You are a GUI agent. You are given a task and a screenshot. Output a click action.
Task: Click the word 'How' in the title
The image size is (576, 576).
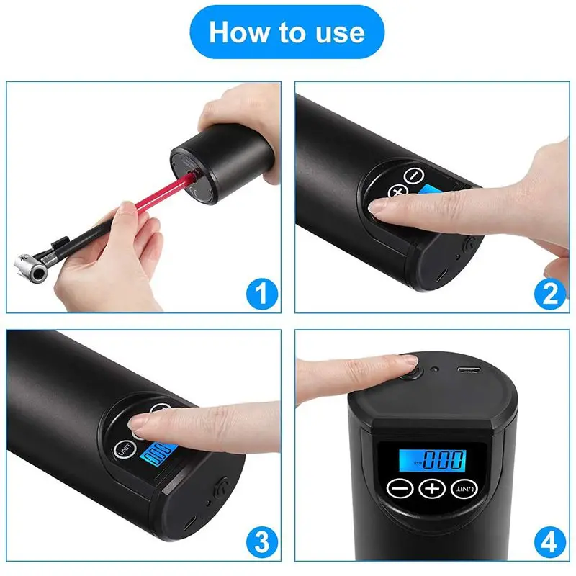[239, 32]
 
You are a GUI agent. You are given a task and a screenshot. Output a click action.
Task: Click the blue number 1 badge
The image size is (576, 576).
[262, 294]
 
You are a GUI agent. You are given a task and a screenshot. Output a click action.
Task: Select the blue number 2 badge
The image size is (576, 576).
[550, 294]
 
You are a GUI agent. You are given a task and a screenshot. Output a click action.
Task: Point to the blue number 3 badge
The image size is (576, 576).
[262, 541]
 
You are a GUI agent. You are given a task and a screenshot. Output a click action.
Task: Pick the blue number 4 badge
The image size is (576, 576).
[550, 541]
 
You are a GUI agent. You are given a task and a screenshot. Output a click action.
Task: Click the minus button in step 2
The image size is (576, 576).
[414, 176]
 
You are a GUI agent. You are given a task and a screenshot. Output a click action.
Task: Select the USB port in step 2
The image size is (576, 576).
[442, 275]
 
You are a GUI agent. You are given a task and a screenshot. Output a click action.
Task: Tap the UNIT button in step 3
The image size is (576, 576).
[125, 449]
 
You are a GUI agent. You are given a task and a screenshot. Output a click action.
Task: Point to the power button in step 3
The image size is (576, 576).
[221, 487]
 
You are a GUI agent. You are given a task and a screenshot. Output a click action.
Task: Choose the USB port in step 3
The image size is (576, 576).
[190, 523]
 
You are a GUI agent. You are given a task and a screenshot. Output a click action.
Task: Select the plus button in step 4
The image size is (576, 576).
[432, 489]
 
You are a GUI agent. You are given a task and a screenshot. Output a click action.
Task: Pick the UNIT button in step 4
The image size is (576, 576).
[464, 489]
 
